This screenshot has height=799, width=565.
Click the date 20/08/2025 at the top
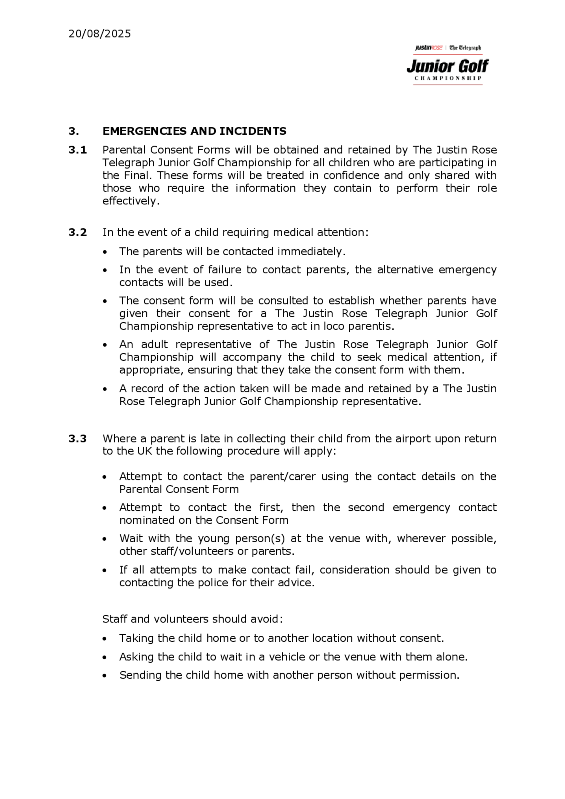[x=99, y=34]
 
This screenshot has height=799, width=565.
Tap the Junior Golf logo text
[x=448, y=66]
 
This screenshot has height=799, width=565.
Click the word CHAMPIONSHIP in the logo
[x=448, y=78]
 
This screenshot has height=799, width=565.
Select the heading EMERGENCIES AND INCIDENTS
[x=194, y=131]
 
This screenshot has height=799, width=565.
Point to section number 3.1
[x=78, y=150]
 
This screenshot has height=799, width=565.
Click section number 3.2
[x=78, y=232]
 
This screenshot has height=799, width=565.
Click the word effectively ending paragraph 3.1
[x=130, y=201]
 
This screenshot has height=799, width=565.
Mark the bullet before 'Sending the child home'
[x=105, y=676]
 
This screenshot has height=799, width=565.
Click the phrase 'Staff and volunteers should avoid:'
[x=192, y=619]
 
